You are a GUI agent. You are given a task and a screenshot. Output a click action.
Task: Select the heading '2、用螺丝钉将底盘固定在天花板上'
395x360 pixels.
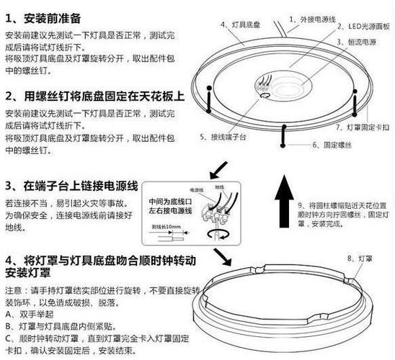tap(94, 96)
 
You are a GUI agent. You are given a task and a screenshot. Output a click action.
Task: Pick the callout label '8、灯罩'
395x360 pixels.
tap(358, 257)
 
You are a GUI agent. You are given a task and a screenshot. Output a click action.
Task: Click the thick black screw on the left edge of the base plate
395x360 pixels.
tap(209, 101)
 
